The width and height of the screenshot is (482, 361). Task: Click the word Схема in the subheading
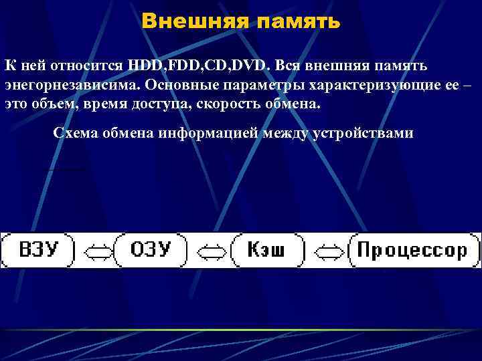pyautogui.click(x=75, y=132)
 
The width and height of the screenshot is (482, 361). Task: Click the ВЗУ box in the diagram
pyautogui.click(x=38, y=251)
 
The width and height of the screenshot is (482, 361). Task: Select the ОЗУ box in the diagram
pyautogui.click(x=151, y=251)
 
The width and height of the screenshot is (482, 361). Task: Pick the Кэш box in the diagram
pyautogui.click(x=266, y=251)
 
